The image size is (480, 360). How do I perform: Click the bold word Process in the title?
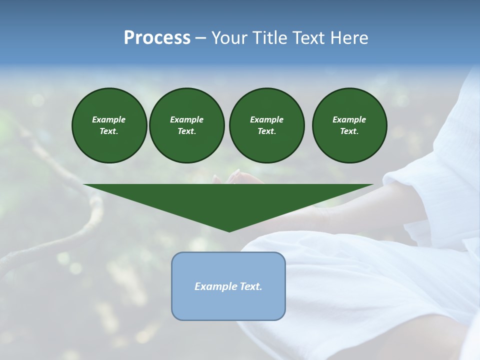(157, 38)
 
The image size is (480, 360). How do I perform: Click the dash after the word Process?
(200, 38)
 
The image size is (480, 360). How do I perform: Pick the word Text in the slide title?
(310, 38)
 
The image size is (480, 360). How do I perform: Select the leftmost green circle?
(109, 125)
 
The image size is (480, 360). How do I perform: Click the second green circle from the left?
(186, 125)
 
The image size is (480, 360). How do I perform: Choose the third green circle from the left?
(266, 125)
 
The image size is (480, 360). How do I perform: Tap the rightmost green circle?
(349, 125)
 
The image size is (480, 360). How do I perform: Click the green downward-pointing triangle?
(228, 200)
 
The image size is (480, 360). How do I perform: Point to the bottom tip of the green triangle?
(229, 230)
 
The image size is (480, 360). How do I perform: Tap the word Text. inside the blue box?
(250, 286)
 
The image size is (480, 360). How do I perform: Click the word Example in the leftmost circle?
(109, 119)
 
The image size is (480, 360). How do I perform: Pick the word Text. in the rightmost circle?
(349, 131)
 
